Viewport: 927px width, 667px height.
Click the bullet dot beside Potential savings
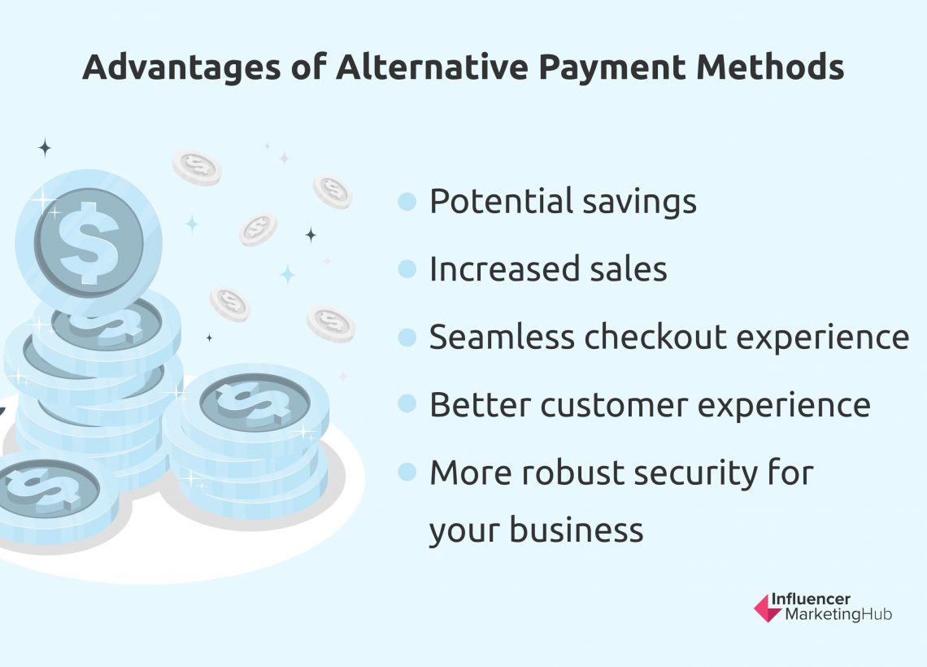407,202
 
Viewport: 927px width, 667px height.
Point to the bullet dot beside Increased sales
407,270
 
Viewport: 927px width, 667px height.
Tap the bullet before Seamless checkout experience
407,338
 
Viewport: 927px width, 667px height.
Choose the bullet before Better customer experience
407,405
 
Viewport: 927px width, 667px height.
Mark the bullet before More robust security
407,473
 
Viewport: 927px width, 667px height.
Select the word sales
629,270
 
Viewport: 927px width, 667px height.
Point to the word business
577,531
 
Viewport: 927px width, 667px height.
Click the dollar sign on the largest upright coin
88,239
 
